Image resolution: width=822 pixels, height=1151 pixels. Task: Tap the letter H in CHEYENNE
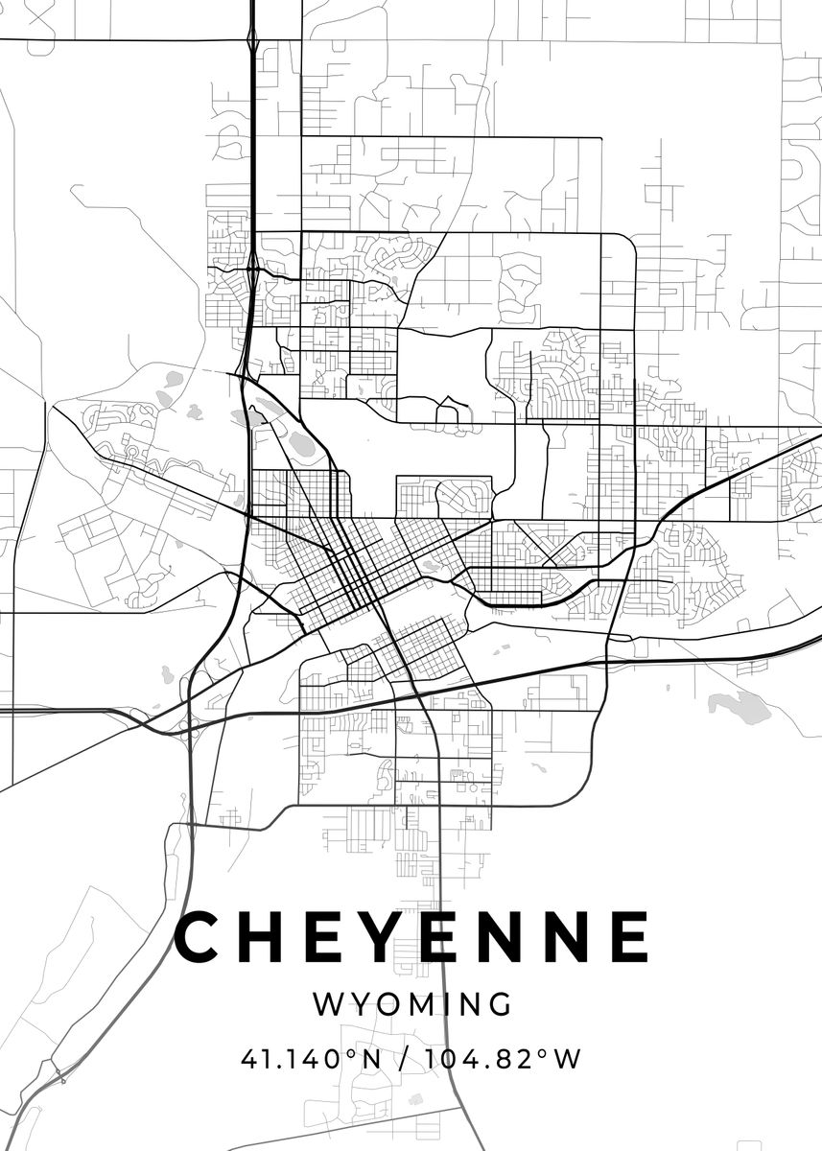[266, 937]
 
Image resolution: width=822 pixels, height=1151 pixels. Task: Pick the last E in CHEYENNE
[628, 937]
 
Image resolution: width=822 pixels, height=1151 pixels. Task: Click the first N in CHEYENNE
[505, 937]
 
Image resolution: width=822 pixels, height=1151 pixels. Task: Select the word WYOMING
[411, 1004]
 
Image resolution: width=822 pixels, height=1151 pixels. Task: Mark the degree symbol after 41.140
[351, 1053]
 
